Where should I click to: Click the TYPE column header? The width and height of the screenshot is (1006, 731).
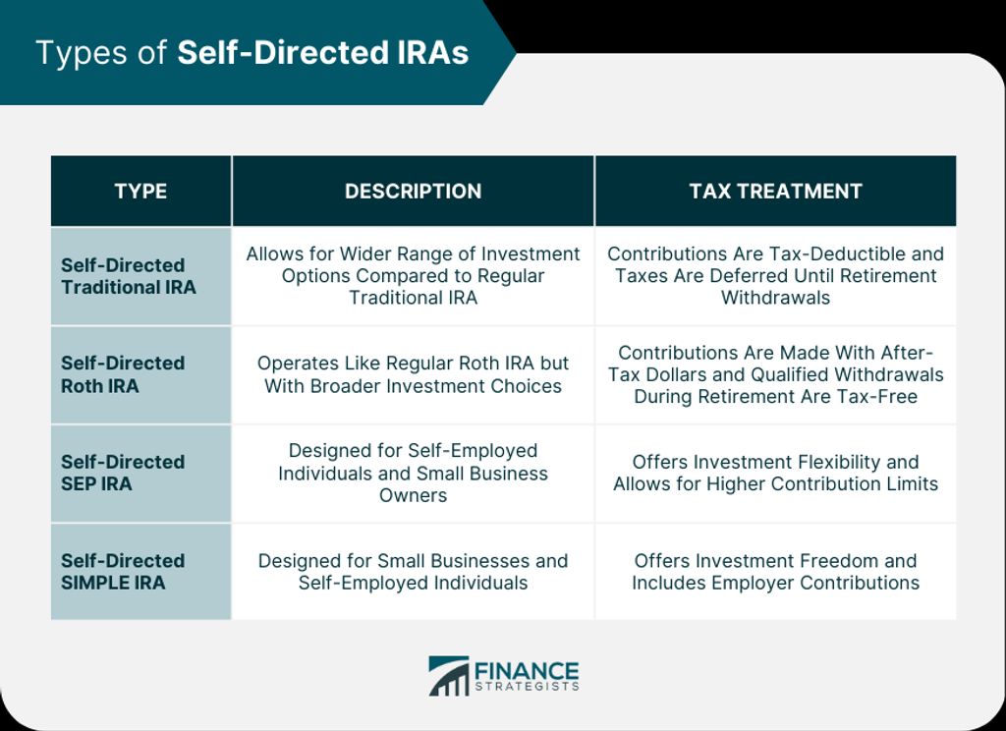140,192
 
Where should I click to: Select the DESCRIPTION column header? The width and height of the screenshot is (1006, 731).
414,192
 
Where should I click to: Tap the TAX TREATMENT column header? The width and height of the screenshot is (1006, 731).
776,192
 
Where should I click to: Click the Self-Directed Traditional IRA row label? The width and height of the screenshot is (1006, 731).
129,276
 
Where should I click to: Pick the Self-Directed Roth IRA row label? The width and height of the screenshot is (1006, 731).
123,374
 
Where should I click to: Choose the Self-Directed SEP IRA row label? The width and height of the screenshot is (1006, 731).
123,473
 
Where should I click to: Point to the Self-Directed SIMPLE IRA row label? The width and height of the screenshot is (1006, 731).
123,571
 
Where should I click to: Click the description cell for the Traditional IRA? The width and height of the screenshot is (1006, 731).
414,275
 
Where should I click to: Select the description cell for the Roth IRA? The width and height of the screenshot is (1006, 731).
414,374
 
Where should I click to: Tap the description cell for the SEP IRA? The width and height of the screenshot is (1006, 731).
414,473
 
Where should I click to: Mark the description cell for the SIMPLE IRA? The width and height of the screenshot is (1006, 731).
414,571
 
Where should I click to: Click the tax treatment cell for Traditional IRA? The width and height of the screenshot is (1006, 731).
776,275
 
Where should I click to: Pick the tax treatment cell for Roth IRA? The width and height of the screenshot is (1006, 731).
776,374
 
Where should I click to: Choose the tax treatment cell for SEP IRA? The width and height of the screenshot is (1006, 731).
776,473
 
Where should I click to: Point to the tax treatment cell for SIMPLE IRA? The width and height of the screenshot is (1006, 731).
776,571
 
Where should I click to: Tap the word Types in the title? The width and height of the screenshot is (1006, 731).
82,54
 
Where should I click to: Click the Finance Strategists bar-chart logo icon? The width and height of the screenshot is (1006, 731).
448,676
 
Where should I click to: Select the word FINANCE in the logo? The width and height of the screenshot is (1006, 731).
527,671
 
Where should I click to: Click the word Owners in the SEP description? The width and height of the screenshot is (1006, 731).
414,495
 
